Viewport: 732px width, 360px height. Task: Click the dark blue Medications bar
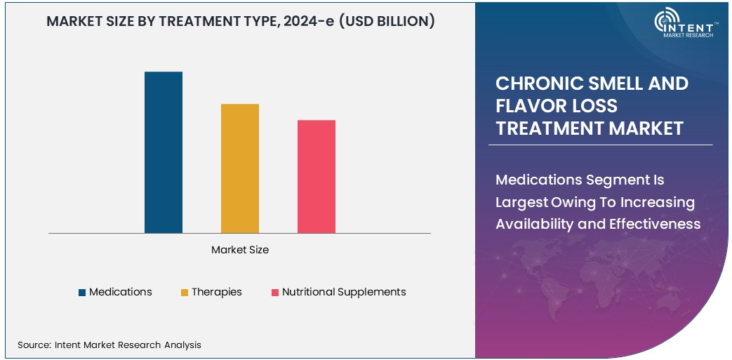(163, 152)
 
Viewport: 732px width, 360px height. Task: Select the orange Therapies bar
(239, 168)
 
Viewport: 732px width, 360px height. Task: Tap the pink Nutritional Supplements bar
(316, 176)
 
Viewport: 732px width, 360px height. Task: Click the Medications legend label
(120, 292)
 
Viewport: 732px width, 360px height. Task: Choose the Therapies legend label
(216, 292)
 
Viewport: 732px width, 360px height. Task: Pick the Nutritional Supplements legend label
(344, 292)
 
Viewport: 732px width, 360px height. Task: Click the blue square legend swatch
(82, 293)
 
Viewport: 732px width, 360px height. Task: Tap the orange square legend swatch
(185, 293)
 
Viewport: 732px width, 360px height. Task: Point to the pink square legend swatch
(275, 293)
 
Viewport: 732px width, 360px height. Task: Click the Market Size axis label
(239, 250)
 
